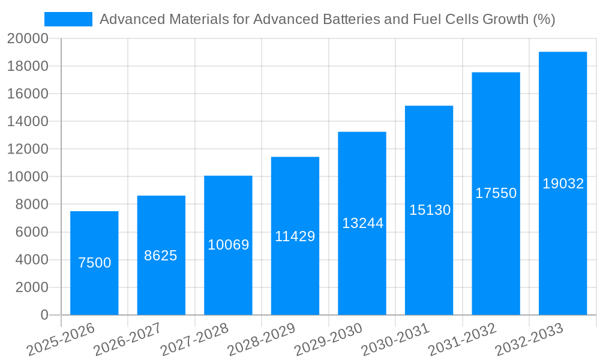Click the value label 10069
pos(228,245)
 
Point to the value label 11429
pos(295,236)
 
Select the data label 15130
pos(430,210)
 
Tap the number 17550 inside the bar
pos(496,193)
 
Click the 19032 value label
pos(563,184)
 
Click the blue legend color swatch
pos(68,19)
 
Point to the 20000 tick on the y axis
pos(28,39)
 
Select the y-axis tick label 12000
pos(28,149)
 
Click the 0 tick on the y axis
pos(44,315)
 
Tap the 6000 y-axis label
pos(31,232)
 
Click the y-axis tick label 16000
pos(28,94)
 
